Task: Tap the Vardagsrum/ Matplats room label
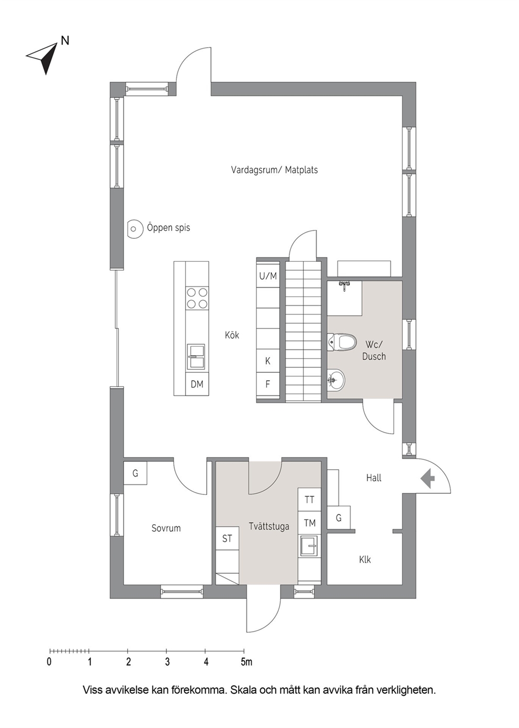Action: click(274, 170)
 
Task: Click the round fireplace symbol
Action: click(134, 229)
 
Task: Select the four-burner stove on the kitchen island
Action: click(197, 298)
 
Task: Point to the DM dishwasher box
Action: click(197, 384)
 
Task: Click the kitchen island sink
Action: click(196, 357)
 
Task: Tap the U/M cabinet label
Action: click(268, 276)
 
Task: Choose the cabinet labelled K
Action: click(268, 361)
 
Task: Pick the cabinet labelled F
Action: click(268, 384)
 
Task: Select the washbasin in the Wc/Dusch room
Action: click(336, 379)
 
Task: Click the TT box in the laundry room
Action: click(310, 500)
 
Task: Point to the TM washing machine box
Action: click(310, 523)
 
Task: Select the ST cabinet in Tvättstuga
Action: click(227, 538)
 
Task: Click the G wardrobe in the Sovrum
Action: click(136, 473)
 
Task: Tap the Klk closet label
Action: click(365, 560)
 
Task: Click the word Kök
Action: click(232, 335)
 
